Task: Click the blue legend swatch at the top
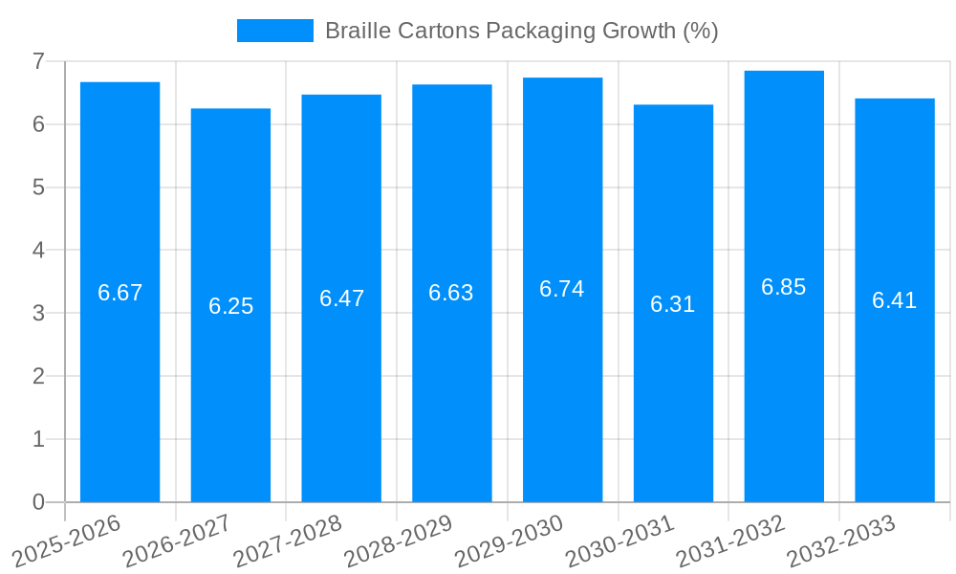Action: (x=274, y=31)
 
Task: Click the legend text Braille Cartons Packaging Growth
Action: (x=521, y=31)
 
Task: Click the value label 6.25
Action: (x=230, y=306)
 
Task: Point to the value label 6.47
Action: (x=341, y=298)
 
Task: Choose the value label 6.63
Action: (x=451, y=293)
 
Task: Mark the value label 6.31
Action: (x=672, y=304)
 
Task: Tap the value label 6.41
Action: (x=894, y=300)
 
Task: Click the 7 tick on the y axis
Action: (x=38, y=61)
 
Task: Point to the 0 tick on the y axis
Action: (x=38, y=502)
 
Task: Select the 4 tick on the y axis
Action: (x=38, y=250)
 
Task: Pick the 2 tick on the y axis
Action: (x=38, y=376)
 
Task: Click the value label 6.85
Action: (x=783, y=287)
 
